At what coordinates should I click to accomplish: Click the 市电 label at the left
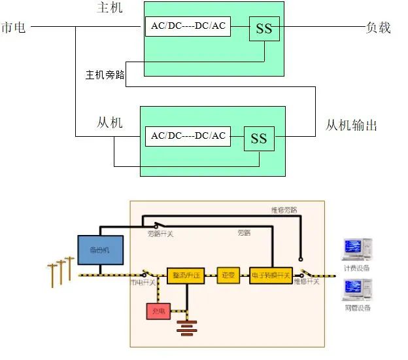pyautogui.click(x=14, y=27)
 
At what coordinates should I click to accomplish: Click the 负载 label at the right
pyautogui.click(x=378, y=27)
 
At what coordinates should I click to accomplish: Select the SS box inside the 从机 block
pyautogui.click(x=259, y=138)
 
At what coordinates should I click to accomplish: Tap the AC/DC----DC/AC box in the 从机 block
pyautogui.click(x=188, y=135)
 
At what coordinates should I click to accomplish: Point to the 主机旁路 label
pyautogui.click(x=105, y=75)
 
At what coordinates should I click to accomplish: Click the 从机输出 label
pyautogui.click(x=351, y=125)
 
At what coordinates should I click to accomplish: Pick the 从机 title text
pyautogui.click(x=109, y=122)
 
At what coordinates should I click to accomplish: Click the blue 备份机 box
pyautogui.click(x=99, y=250)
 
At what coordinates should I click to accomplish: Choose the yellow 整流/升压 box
pyautogui.click(x=186, y=276)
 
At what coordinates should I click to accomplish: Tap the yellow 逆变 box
pyautogui.click(x=228, y=276)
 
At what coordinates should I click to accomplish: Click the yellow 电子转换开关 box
pyautogui.click(x=271, y=276)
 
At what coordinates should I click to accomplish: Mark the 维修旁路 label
pyautogui.click(x=284, y=210)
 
